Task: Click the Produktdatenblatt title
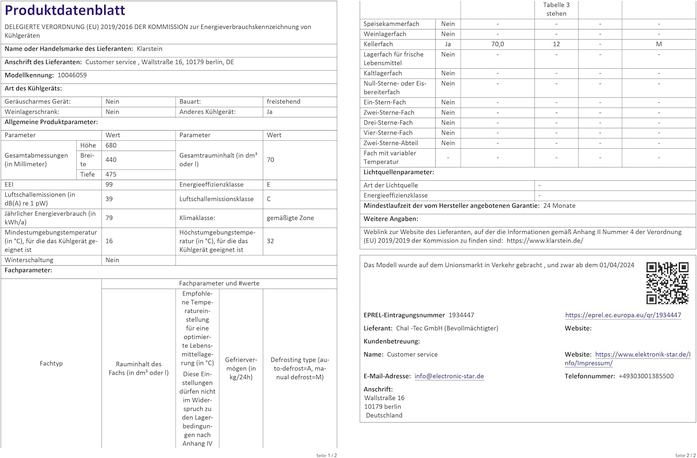click(65, 10)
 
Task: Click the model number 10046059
click(72, 75)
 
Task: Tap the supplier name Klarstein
click(149, 49)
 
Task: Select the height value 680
click(111, 145)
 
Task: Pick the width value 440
click(111, 160)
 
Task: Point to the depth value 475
click(111, 175)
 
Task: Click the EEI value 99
click(109, 185)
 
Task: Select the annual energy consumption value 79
click(109, 218)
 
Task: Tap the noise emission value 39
click(109, 199)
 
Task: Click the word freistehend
click(283, 102)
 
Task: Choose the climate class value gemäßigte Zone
click(290, 218)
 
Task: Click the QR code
click(667, 283)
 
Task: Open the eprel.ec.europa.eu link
click(623, 315)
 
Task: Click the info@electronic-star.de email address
click(449, 376)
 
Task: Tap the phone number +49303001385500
click(646, 376)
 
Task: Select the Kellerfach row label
click(378, 44)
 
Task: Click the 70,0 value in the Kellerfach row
click(497, 44)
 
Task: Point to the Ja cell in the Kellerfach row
click(448, 44)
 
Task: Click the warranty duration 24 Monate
click(559, 206)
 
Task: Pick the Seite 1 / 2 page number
click(326, 455)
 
